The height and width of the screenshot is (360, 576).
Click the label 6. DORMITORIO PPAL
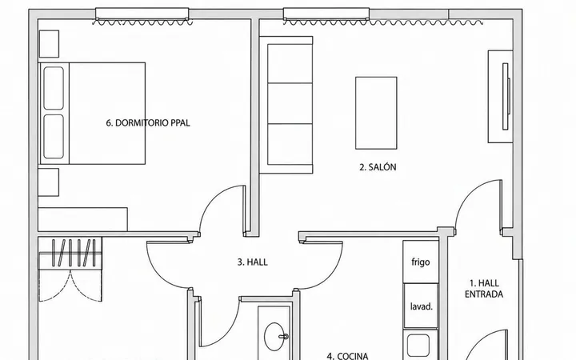click(x=148, y=123)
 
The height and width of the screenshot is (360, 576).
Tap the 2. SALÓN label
click(x=378, y=167)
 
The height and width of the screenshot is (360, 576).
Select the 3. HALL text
click(x=252, y=262)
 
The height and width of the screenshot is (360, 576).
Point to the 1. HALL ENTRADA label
click(x=484, y=289)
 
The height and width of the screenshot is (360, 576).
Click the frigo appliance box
click(x=421, y=262)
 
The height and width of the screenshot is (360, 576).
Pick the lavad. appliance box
click(x=421, y=306)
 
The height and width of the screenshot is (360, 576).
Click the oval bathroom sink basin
click(x=274, y=337)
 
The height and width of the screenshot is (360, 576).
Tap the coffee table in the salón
click(x=376, y=113)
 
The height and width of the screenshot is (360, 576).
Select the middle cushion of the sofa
click(x=290, y=103)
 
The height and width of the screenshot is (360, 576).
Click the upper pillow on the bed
click(x=54, y=88)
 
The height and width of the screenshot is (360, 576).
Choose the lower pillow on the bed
click(x=54, y=137)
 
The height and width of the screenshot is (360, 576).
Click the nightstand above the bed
click(x=49, y=44)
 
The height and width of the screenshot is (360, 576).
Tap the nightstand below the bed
click(x=49, y=182)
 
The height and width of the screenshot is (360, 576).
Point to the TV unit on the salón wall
click(x=500, y=97)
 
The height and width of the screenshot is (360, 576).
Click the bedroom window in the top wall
click(x=142, y=14)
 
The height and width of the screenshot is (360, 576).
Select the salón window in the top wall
click(x=326, y=14)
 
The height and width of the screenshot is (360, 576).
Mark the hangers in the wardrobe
click(x=74, y=253)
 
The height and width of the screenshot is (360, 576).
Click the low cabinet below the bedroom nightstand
click(x=82, y=219)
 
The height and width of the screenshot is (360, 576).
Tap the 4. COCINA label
click(x=347, y=356)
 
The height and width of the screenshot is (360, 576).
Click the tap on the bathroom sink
click(x=283, y=336)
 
